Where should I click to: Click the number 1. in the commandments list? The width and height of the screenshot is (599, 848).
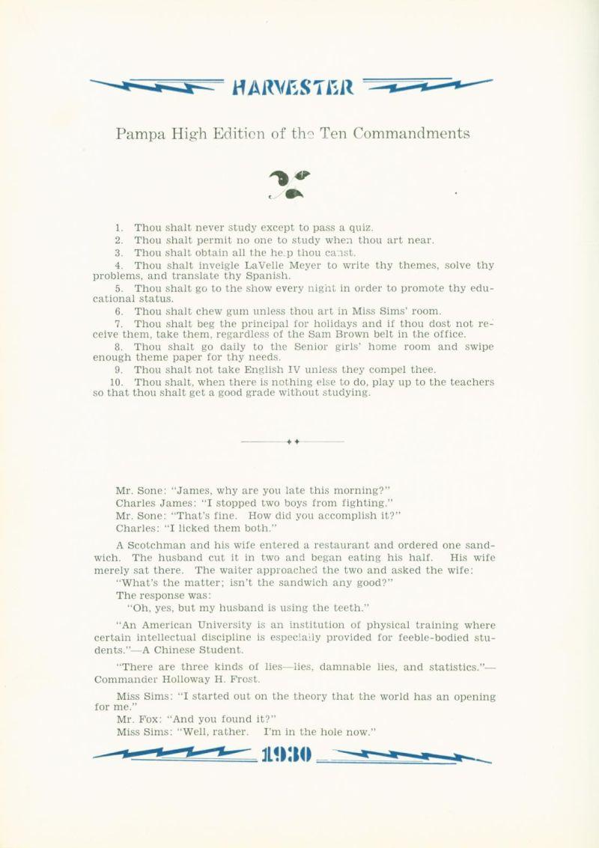pos(119,228)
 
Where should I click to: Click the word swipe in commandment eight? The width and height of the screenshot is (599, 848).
pos(478,347)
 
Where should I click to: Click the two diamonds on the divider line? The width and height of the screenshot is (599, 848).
pos(293,442)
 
